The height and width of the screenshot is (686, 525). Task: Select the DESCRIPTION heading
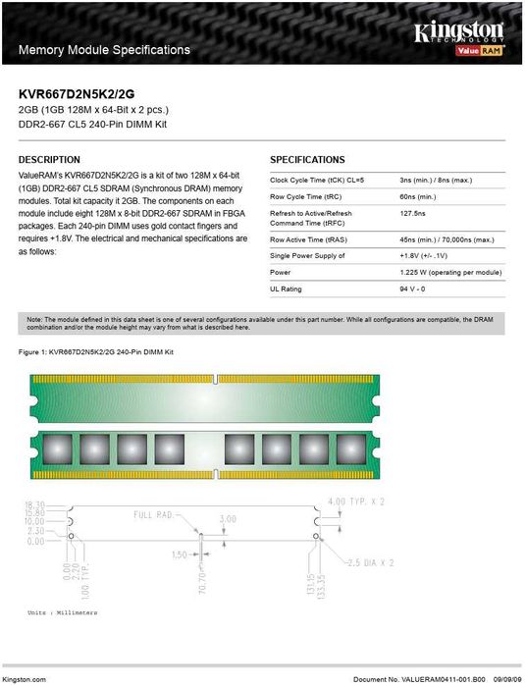click(x=49, y=159)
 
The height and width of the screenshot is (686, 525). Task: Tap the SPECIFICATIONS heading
click(x=307, y=159)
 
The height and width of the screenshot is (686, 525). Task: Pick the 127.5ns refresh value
click(x=413, y=213)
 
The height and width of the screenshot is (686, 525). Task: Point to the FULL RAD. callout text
click(x=155, y=514)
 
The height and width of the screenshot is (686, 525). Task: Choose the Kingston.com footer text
click(x=25, y=678)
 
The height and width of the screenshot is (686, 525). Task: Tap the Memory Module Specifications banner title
click(x=105, y=49)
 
